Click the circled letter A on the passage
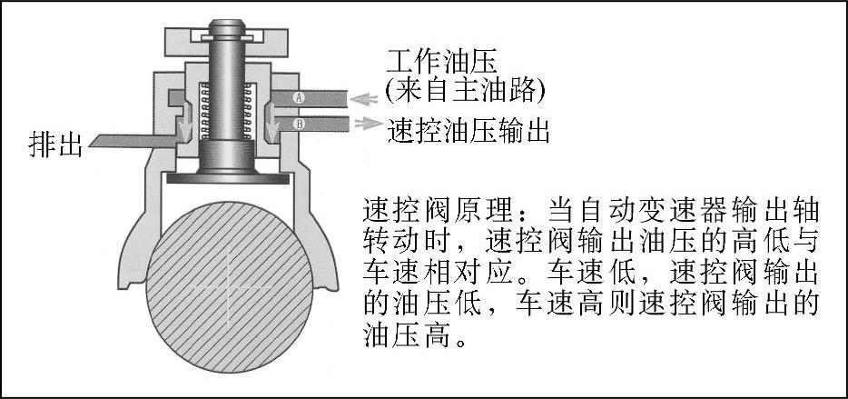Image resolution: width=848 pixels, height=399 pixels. [299, 96]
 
